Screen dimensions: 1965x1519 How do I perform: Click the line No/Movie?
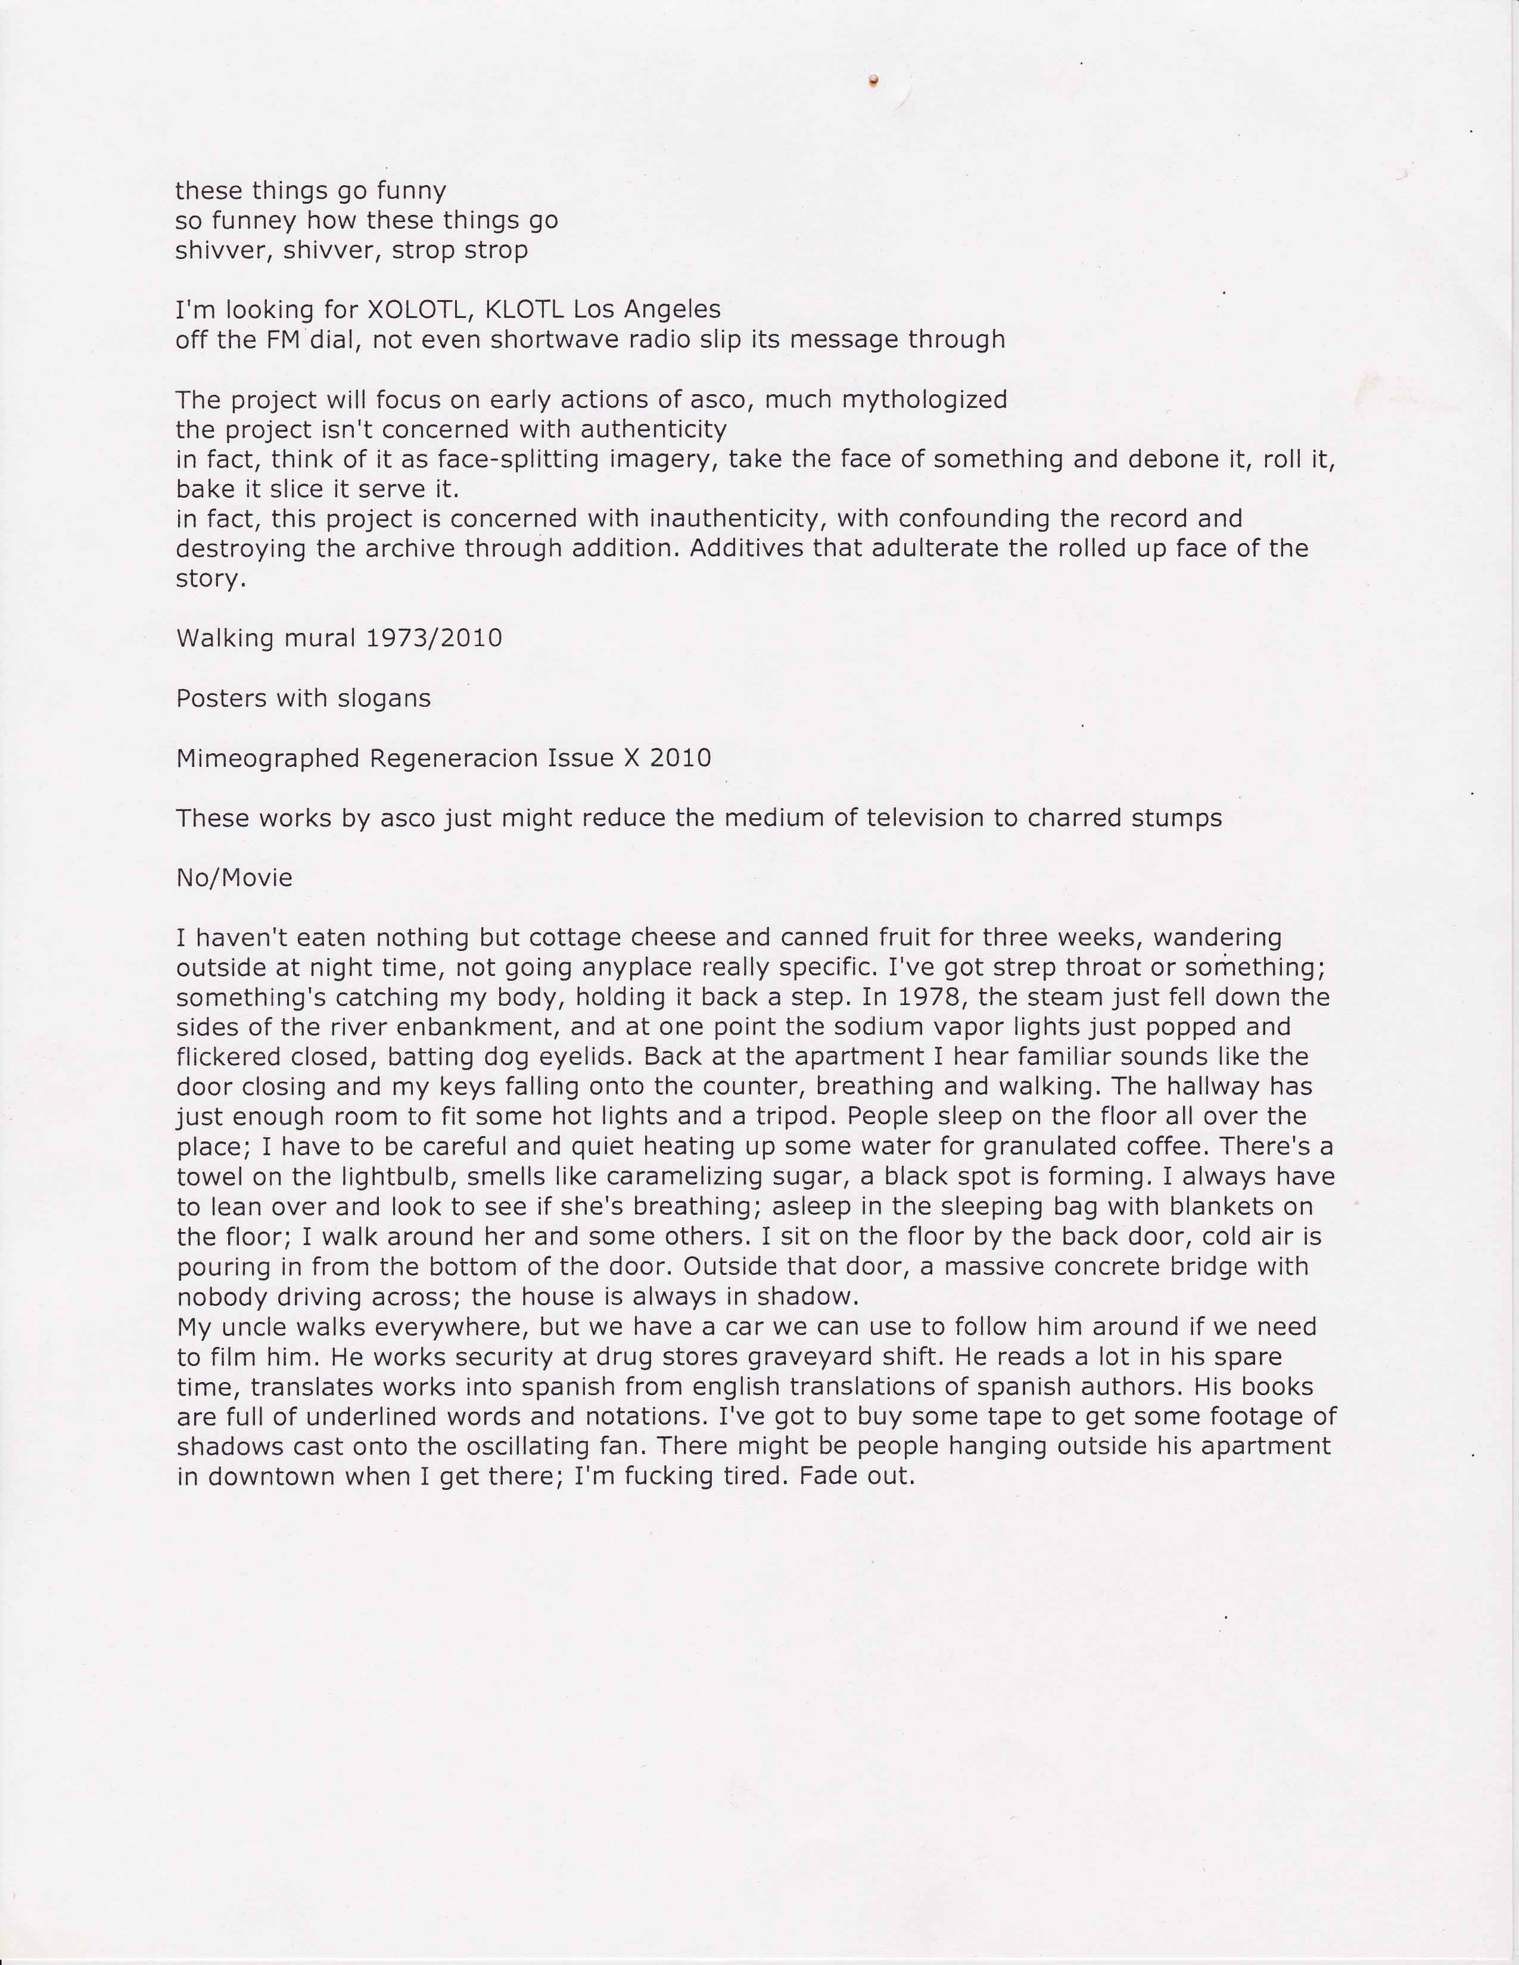[x=234, y=878]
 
